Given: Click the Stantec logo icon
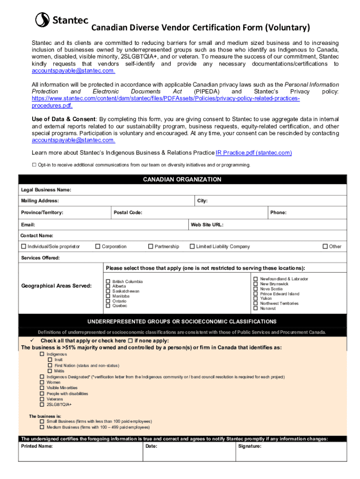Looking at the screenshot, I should tap(43, 20).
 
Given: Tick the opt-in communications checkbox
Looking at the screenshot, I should tap(34, 165).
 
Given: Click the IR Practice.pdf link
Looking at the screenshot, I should tap(253, 153).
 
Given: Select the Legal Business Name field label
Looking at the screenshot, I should tap(46, 190).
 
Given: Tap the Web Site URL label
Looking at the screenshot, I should tap(207, 225).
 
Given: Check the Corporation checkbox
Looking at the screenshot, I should tap(98, 247).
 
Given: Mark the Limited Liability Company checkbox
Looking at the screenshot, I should tap(192, 247).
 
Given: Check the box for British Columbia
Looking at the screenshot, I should tap(108, 282).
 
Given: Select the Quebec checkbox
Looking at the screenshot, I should tap(108, 306).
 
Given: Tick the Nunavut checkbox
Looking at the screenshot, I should tap(255, 309).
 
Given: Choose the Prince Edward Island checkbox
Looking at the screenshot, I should tap(255, 294).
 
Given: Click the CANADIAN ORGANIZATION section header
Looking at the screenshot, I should tap(182, 180).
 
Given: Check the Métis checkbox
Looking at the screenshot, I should tap(50, 371).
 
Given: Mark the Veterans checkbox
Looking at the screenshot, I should tap(42, 399).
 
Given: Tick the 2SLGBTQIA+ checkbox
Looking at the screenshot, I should tap(42, 405).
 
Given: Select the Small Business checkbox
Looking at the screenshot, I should tap(42, 421).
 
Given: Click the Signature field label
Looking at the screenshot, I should tap(250, 447).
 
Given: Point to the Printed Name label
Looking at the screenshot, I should tap(37, 447).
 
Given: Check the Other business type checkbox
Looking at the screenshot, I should tap(325, 247).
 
